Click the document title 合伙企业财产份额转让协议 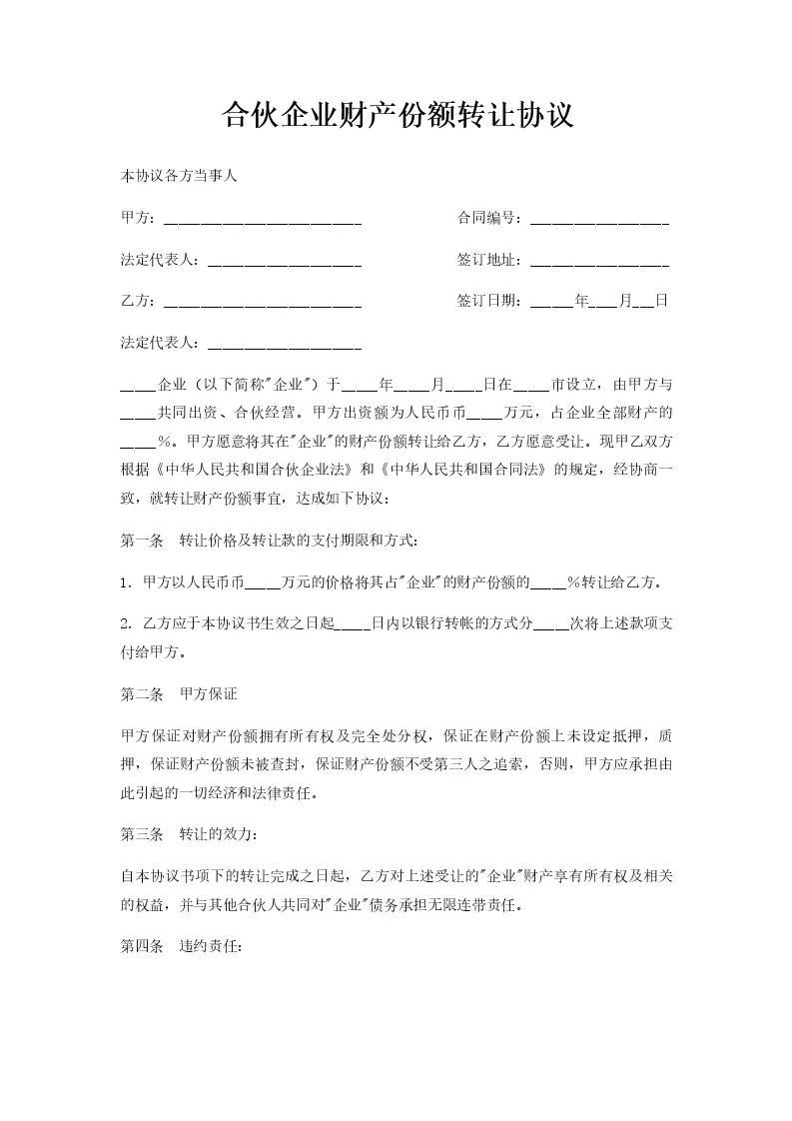click(x=396, y=115)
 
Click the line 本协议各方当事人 click(x=178, y=176)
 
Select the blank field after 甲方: click(x=262, y=219)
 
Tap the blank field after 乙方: click(x=262, y=301)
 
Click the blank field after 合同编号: click(x=599, y=219)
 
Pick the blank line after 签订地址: click(x=599, y=260)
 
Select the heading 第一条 click(x=141, y=541)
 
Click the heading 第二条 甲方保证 click(x=179, y=693)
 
